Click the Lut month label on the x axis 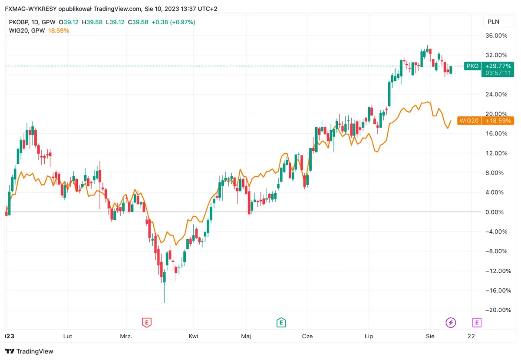tap(68, 336)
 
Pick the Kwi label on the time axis tap(194, 336)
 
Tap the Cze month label tap(307, 336)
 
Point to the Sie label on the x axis tap(430, 336)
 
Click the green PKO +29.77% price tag tap(489, 66)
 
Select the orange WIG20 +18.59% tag tap(486, 121)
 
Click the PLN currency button tap(494, 22)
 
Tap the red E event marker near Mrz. tap(147, 322)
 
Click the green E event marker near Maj tap(281, 322)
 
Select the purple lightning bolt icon tap(451, 322)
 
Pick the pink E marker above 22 tap(477, 322)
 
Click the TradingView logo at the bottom tap(29, 351)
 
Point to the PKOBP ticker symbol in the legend tap(20, 22)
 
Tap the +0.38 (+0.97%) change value tap(173, 22)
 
